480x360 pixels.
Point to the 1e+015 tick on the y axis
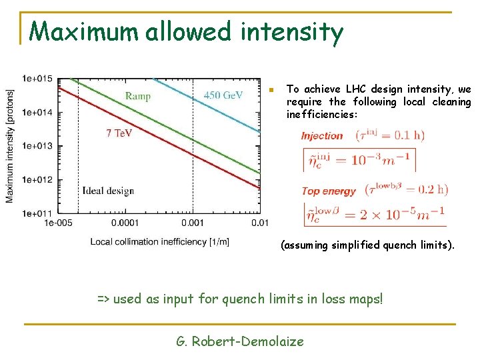[37, 79]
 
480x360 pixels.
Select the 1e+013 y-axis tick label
[37, 146]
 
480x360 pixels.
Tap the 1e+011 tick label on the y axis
[37, 213]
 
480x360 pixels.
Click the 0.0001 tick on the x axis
[125, 223]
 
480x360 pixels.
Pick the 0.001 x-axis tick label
[193, 223]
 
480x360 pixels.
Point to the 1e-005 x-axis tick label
[57, 223]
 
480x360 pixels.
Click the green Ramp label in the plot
[138, 96]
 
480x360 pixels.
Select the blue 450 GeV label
[223, 95]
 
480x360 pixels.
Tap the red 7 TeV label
[119, 133]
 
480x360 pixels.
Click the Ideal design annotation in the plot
[108, 191]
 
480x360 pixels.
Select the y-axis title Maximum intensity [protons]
[10, 146]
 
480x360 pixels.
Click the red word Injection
[322, 136]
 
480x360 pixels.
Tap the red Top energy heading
[329, 191]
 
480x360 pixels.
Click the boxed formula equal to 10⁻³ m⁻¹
[359, 160]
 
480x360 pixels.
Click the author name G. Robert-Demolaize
[240, 341]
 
